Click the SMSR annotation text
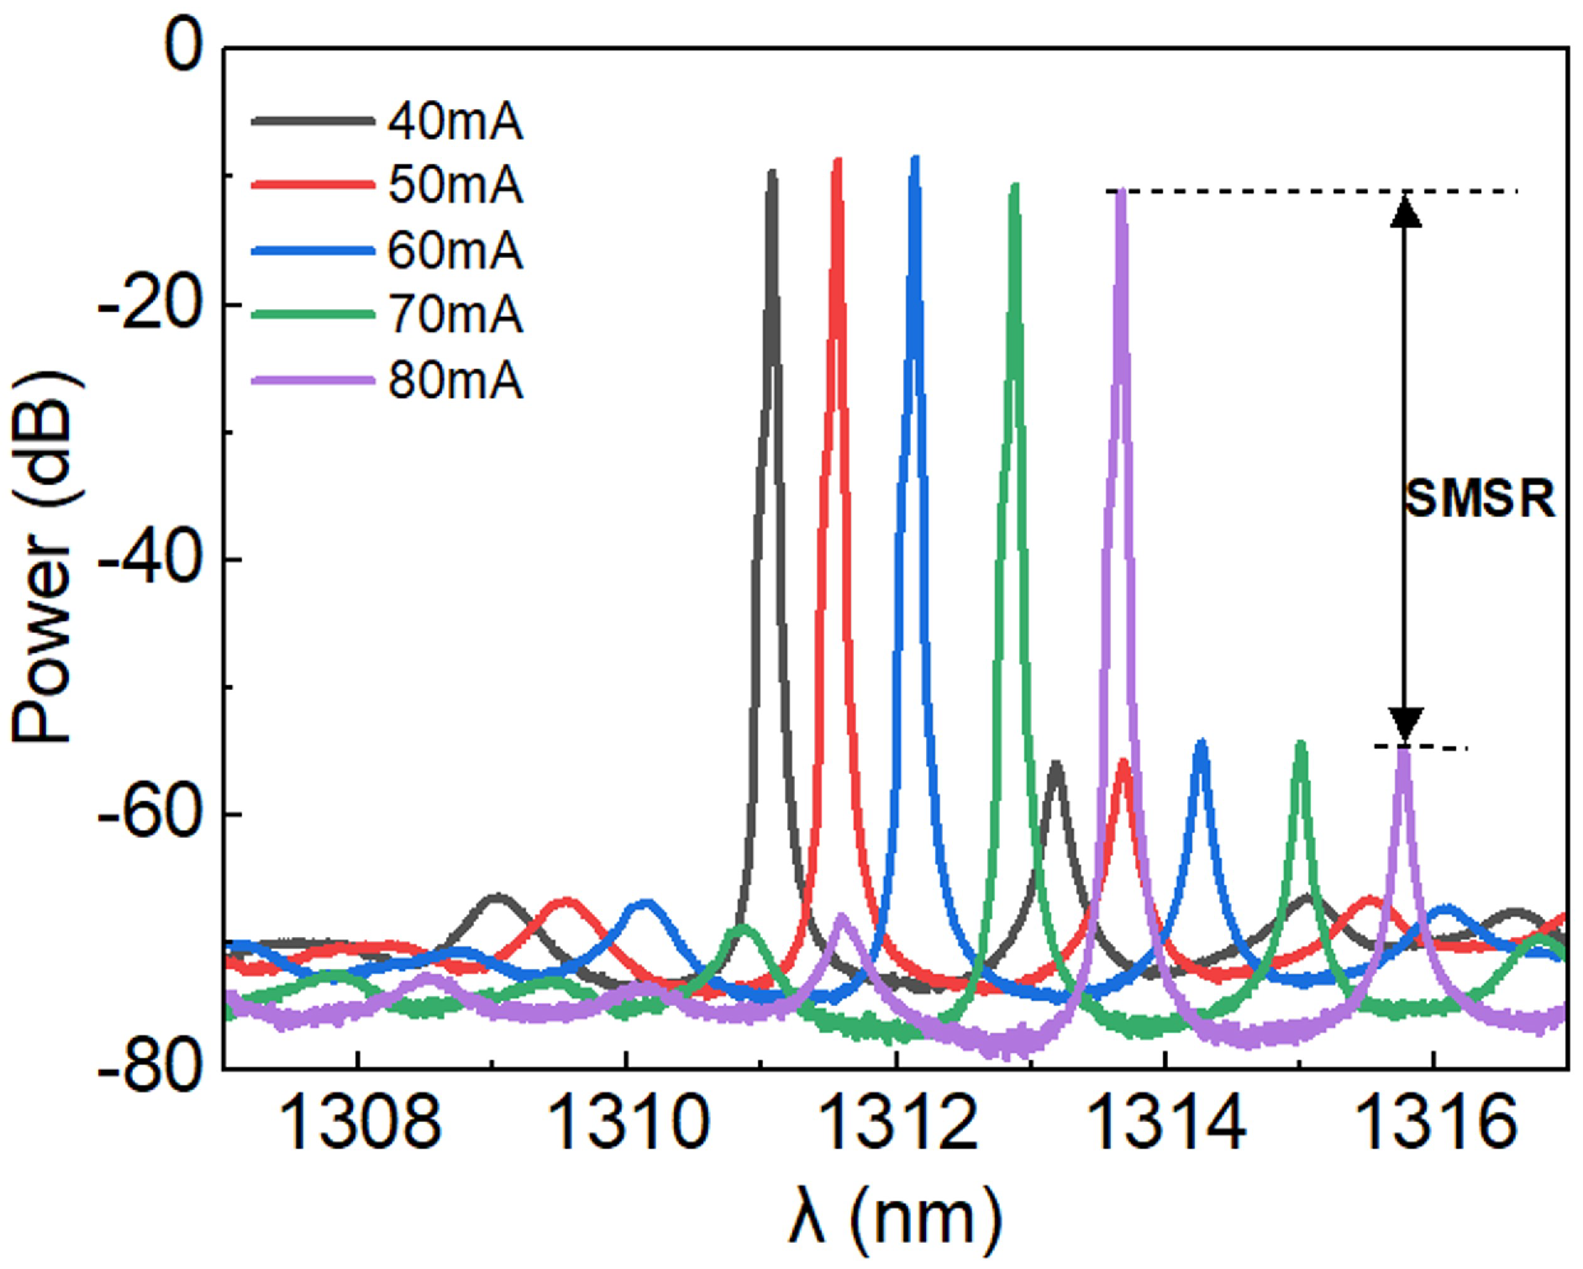click(x=1480, y=499)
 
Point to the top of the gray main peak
click(x=771, y=172)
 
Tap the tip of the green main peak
click(x=1015, y=186)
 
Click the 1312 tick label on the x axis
click(x=897, y=1124)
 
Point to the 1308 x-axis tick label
click(x=359, y=1124)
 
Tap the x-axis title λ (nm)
click(x=895, y=1219)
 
